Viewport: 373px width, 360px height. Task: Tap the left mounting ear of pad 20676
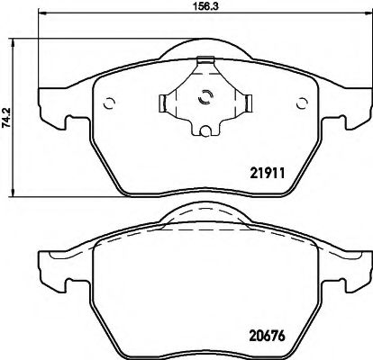click(x=50, y=267)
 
